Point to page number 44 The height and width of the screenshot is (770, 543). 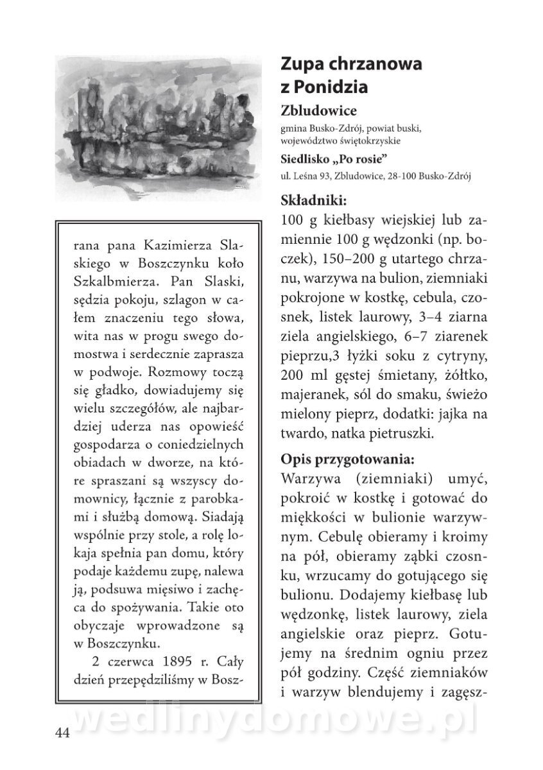coord(62,733)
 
